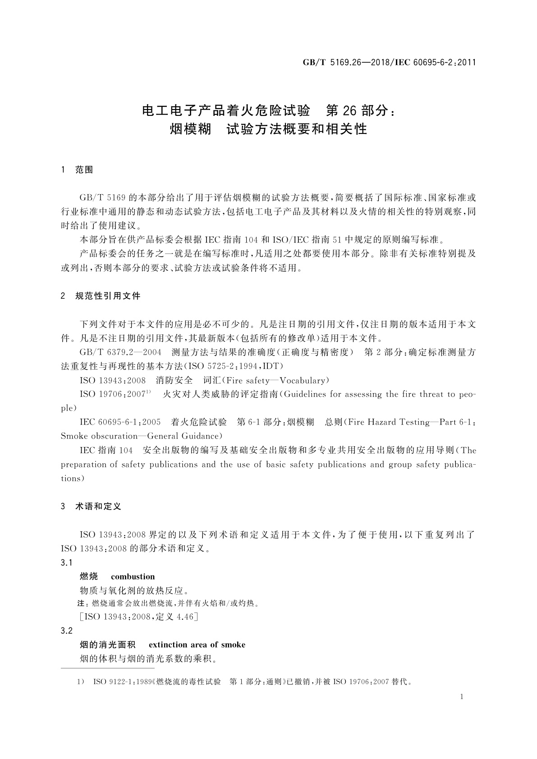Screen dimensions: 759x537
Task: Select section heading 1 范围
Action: click(77, 170)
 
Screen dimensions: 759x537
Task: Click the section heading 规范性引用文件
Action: click(108, 296)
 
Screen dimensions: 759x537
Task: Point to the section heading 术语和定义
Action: click(98, 506)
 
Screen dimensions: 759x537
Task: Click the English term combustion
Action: click(133, 576)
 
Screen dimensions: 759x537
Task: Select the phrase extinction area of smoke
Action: click(197, 645)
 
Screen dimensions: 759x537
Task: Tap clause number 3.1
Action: click(67, 562)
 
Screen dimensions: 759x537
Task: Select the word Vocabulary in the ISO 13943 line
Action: click(301, 380)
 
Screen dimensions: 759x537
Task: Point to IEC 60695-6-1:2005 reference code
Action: click(120, 422)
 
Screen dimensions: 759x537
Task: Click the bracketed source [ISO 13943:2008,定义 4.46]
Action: click(138, 617)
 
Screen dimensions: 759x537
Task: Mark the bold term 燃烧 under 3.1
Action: click(88, 576)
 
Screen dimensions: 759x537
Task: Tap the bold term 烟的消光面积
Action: click(107, 645)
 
